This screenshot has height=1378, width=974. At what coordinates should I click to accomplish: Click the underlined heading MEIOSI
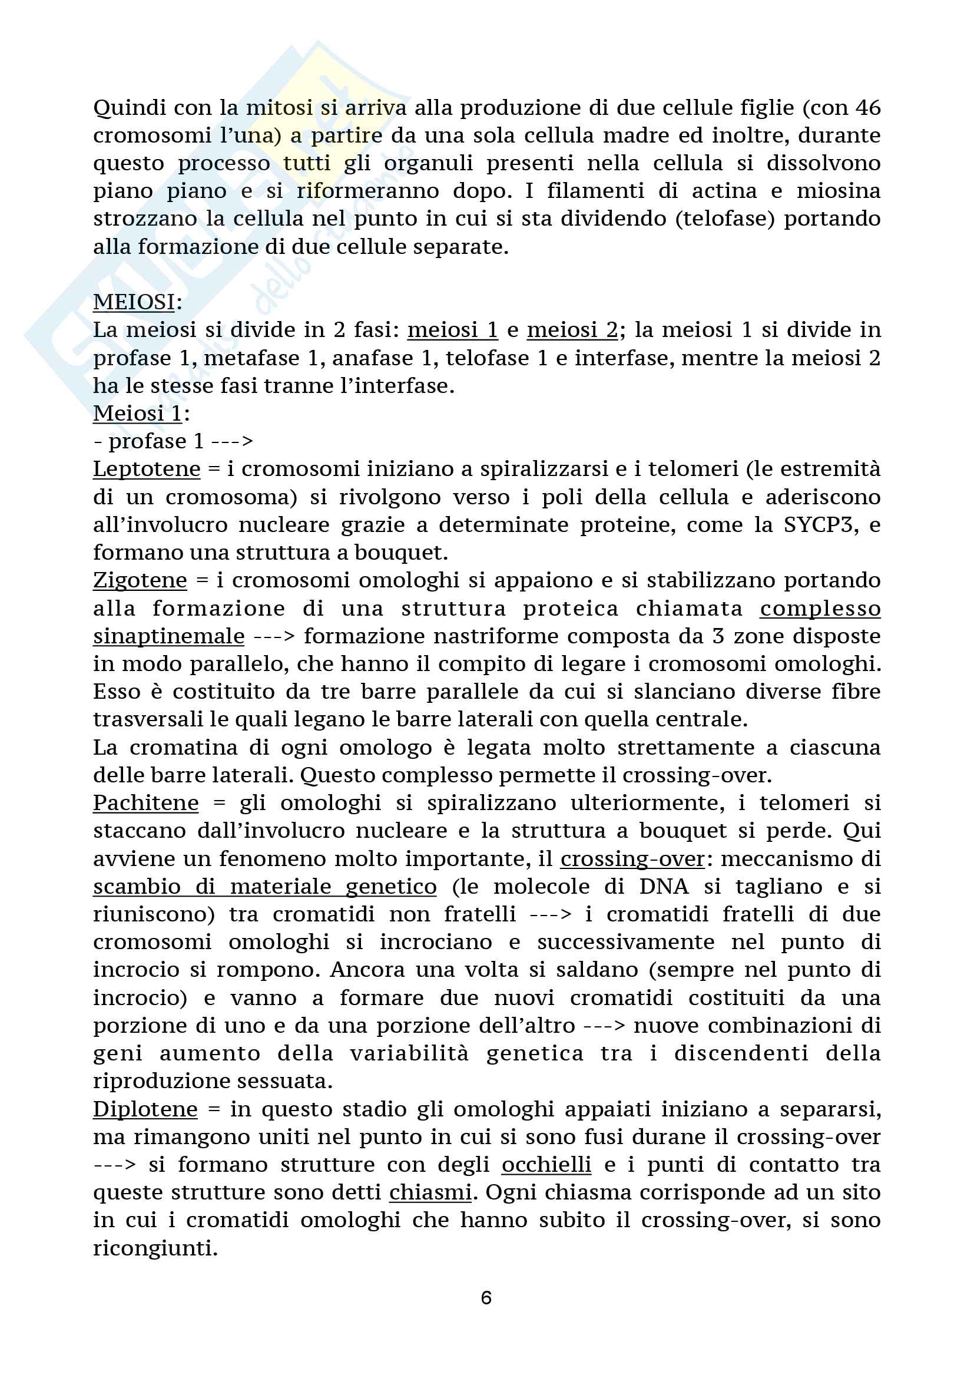pos(134,302)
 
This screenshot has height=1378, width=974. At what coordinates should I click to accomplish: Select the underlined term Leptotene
pos(147,469)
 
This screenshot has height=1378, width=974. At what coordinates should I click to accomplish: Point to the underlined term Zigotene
pos(140,580)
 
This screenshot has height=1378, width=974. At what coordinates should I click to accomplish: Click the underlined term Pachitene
pos(145,803)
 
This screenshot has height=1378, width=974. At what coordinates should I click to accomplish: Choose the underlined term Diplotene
pos(145,1109)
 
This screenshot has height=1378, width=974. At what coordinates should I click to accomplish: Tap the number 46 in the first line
pos(868,108)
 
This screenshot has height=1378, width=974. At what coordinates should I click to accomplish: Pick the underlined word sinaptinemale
pos(168,636)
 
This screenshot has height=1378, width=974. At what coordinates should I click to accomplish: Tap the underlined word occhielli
pos(546,1165)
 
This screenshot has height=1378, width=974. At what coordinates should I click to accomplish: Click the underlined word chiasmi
pos(430,1192)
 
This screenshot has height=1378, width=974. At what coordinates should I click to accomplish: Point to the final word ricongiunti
pos(155,1248)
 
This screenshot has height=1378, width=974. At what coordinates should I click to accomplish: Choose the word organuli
pos(426,163)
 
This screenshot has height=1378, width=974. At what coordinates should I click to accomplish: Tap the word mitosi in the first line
pos(279,108)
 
